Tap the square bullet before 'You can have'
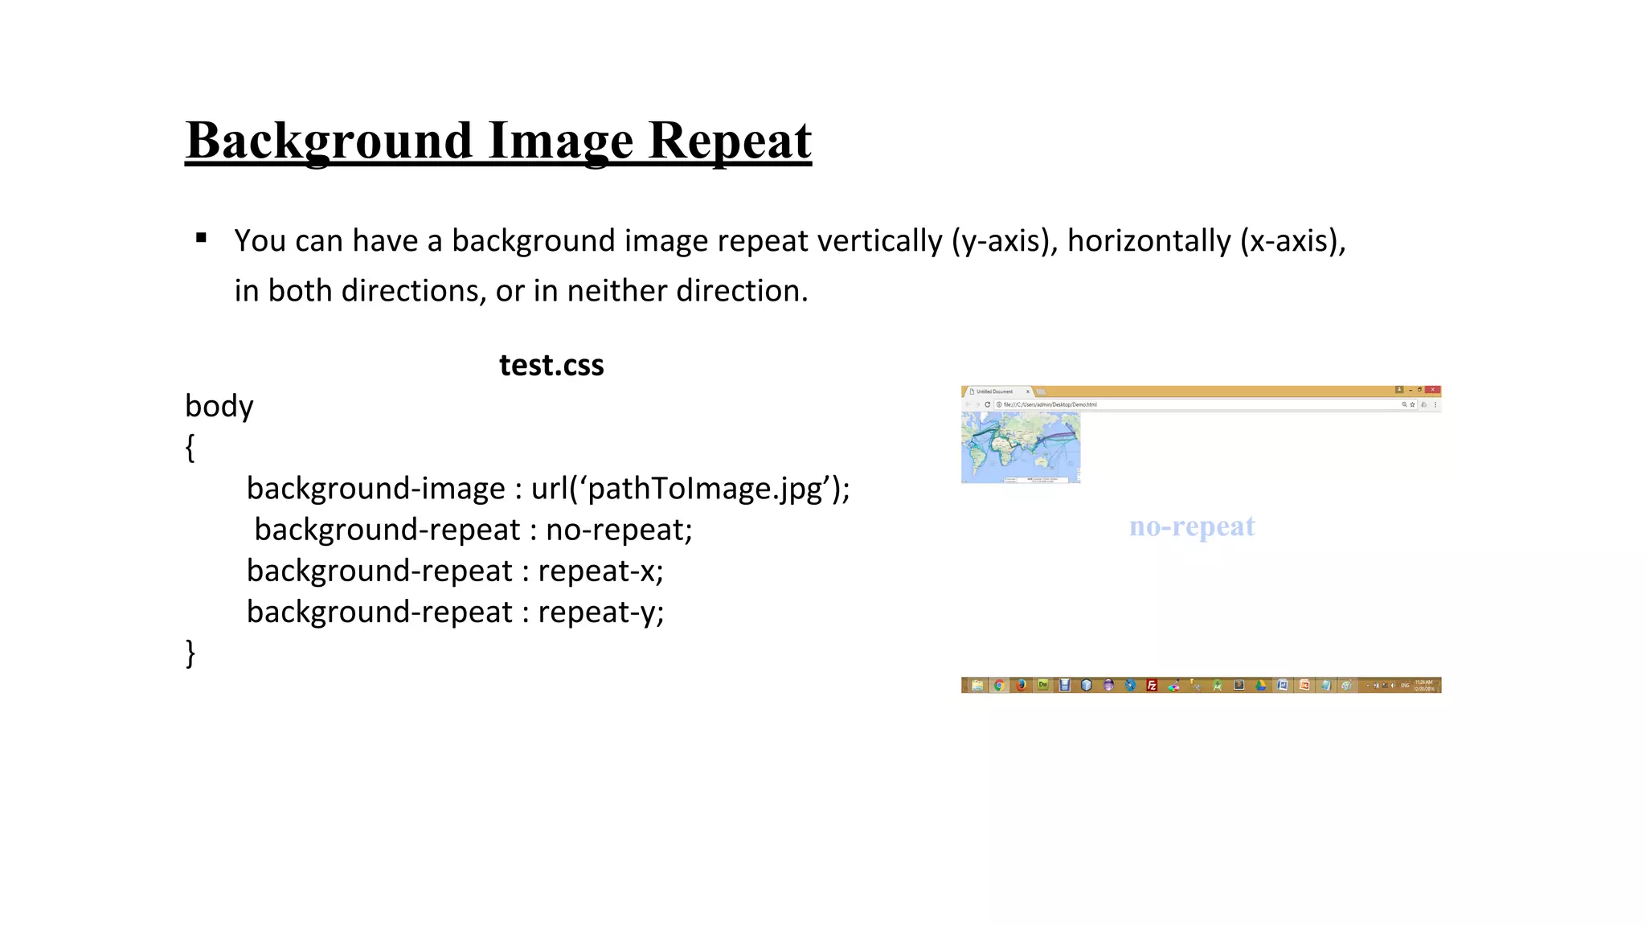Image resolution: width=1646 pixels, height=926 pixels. [x=201, y=238]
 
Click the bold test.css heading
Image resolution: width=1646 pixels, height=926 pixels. [x=551, y=366]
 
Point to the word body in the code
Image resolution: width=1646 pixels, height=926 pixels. [x=219, y=406]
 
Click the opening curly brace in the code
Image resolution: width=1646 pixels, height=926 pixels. [x=190, y=448]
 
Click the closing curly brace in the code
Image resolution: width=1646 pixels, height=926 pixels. [x=190, y=653]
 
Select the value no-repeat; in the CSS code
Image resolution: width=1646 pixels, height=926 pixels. [x=619, y=530]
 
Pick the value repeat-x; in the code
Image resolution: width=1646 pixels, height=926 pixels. [x=600, y=571]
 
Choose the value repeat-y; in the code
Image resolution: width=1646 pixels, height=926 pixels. [x=600, y=613]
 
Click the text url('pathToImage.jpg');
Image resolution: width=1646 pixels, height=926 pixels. [x=690, y=489]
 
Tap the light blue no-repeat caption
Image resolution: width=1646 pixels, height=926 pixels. [x=1192, y=527]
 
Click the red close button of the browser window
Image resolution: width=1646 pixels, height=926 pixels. [x=1432, y=390]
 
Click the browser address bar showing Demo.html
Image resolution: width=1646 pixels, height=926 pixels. [x=1198, y=404]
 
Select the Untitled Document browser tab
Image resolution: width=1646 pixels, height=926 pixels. [x=997, y=391]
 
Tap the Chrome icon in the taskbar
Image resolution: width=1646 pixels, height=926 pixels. [x=999, y=685]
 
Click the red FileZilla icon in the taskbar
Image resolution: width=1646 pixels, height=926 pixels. [x=1152, y=685]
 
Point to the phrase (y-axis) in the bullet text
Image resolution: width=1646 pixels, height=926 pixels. [x=1005, y=241]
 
